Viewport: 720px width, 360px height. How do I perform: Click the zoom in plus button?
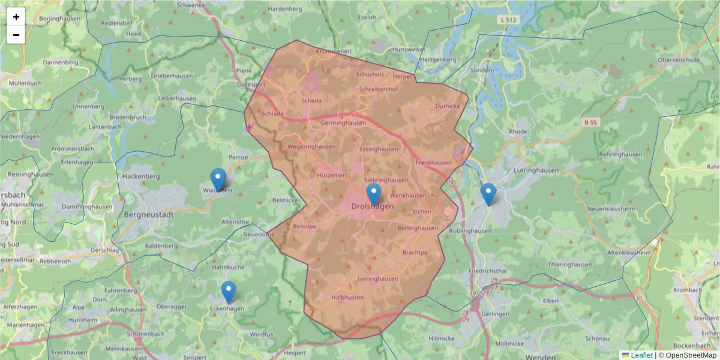16,17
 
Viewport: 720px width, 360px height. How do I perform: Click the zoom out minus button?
16,35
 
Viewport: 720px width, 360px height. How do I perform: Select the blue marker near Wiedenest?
218,179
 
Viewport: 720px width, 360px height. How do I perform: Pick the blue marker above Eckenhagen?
229,292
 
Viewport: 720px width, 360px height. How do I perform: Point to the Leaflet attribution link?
641,355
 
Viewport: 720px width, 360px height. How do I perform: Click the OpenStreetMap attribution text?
688,355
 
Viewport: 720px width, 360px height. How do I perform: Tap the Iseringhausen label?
377,279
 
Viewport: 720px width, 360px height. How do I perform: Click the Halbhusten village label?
347,297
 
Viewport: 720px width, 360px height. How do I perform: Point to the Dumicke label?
448,106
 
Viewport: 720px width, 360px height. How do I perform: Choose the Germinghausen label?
343,122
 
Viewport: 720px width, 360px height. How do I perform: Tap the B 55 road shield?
591,122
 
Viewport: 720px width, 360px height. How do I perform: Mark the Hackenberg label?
141,176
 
